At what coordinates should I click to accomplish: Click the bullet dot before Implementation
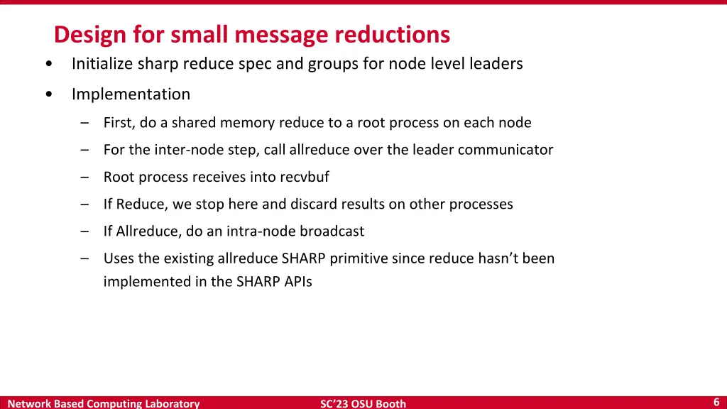point(48,94)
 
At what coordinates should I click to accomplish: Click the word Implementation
point(131,94)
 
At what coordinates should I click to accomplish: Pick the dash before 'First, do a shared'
point(85,123)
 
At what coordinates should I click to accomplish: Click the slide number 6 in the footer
point(716,402)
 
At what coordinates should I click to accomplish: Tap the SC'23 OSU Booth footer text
point(363,403)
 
